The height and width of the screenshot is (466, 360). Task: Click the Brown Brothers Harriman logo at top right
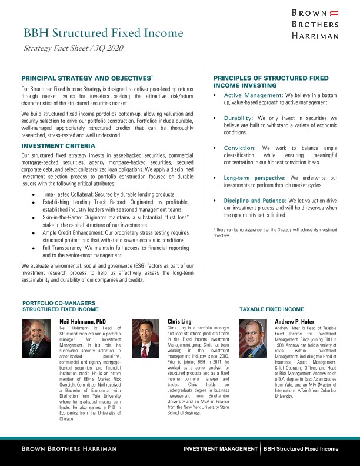[315, 24]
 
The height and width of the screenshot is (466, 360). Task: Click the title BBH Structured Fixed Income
[103, 33]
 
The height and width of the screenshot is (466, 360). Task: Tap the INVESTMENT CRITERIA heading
[58, 145]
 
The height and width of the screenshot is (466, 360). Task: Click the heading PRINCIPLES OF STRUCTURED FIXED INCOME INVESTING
[271, 81]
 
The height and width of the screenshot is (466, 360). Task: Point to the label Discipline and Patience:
[257, 201]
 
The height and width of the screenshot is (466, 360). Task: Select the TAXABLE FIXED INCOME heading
[271, 309]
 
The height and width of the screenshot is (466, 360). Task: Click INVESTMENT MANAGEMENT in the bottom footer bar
[219, 449]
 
